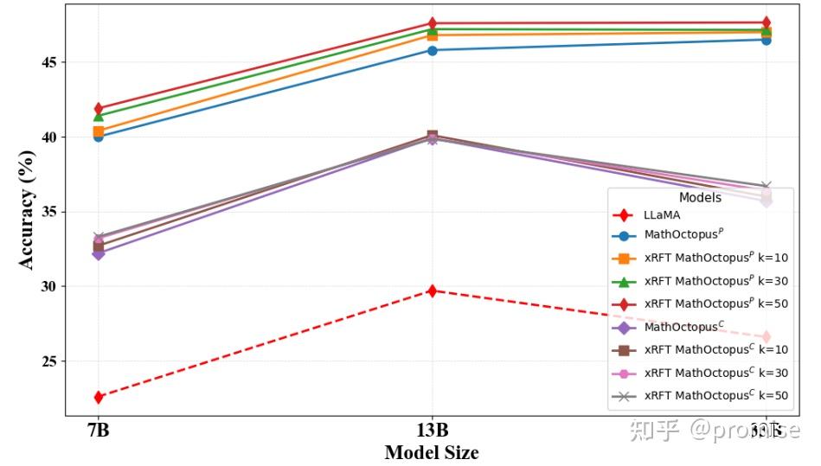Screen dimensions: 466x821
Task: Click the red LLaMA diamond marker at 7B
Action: tap(99, 397)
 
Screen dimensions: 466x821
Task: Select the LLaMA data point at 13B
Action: tap(432, 290)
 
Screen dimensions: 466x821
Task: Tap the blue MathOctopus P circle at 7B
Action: tap(99, 137)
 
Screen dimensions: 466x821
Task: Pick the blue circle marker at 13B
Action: tap(432, 50)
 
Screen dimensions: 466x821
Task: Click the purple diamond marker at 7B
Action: tap(99, 253)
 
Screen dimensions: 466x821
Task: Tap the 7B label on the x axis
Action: tap(98, 431)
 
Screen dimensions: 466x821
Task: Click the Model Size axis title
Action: tap(431, 452)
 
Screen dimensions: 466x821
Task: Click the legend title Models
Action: tap(700, 198)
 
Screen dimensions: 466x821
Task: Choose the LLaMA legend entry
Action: tap(662, 214)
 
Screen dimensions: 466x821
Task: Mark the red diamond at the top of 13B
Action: tap(432, 23)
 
